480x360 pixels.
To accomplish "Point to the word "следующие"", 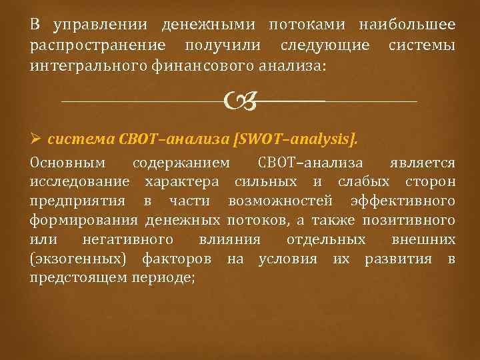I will pyautogui.click(x=325, y=45).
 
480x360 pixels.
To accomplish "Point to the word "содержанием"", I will pyautogui.click(x=181, y=163).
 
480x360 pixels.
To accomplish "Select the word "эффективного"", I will pyautogui.click(x=397, y=201).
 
